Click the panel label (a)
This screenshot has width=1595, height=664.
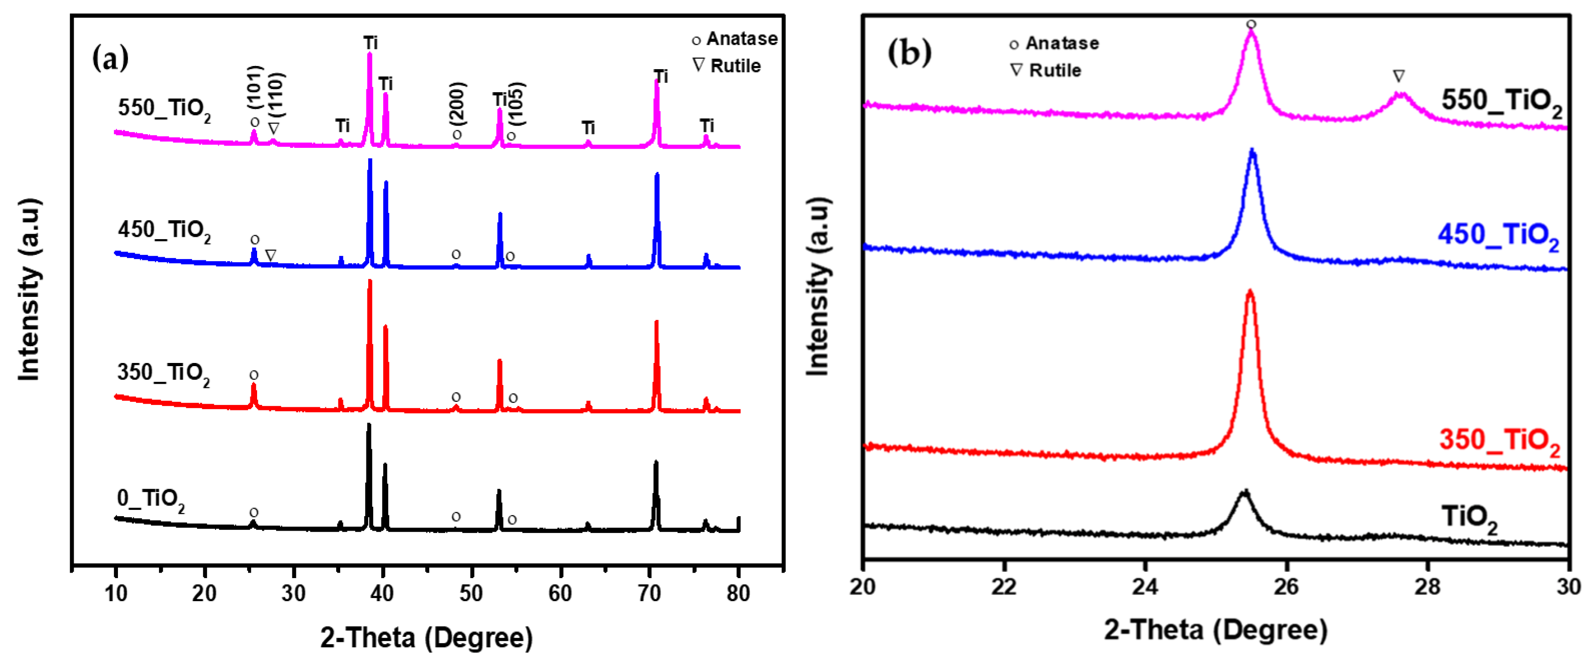pos(110,59)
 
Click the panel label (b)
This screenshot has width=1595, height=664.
pos(909,52)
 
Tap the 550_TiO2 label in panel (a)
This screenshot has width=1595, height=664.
pos(164,109)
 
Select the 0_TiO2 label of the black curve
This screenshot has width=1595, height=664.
pos(150,499)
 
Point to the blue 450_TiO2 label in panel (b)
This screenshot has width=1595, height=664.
pos(1498,236)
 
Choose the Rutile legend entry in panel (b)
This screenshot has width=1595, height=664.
pos(1046,70)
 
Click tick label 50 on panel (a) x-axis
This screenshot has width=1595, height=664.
pos(471,593)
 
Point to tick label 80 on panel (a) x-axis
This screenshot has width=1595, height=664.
pos(738,593)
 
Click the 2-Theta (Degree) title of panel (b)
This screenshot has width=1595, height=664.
pos(1215,630)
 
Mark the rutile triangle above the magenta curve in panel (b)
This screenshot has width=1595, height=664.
pos(1399,76)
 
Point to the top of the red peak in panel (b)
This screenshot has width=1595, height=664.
pos(1249,291)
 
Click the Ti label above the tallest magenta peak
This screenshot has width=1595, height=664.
pos(370,43)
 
